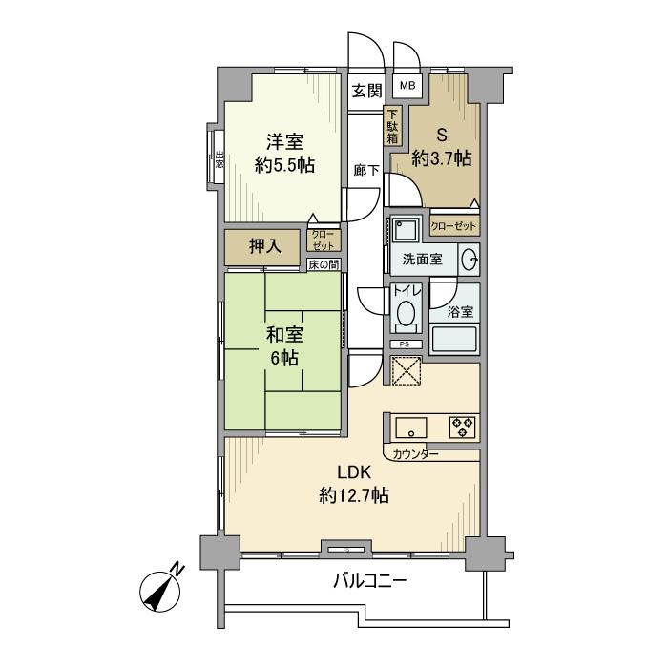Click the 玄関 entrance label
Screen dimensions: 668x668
coord(366,92)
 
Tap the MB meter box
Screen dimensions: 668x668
coord(407,87)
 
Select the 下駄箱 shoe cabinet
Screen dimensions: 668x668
coord(393,126)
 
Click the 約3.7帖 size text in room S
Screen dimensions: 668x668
coord(441,158)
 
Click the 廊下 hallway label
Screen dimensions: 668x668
coord(366,170)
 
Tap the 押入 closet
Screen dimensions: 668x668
coord(264,246)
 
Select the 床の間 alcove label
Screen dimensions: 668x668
coord(324,264)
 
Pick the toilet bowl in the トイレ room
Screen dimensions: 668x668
coord(405,315)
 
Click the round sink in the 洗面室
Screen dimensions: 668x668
coord(470,259)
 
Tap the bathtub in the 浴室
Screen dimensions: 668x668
coord(454,340)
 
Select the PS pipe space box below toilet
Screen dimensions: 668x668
coord(405,344)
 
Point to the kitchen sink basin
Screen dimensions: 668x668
coord(412,427)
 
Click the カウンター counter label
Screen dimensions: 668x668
coord(416,454)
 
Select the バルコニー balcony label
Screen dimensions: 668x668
coord(370,579)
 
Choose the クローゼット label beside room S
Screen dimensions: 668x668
coord(453,226)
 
